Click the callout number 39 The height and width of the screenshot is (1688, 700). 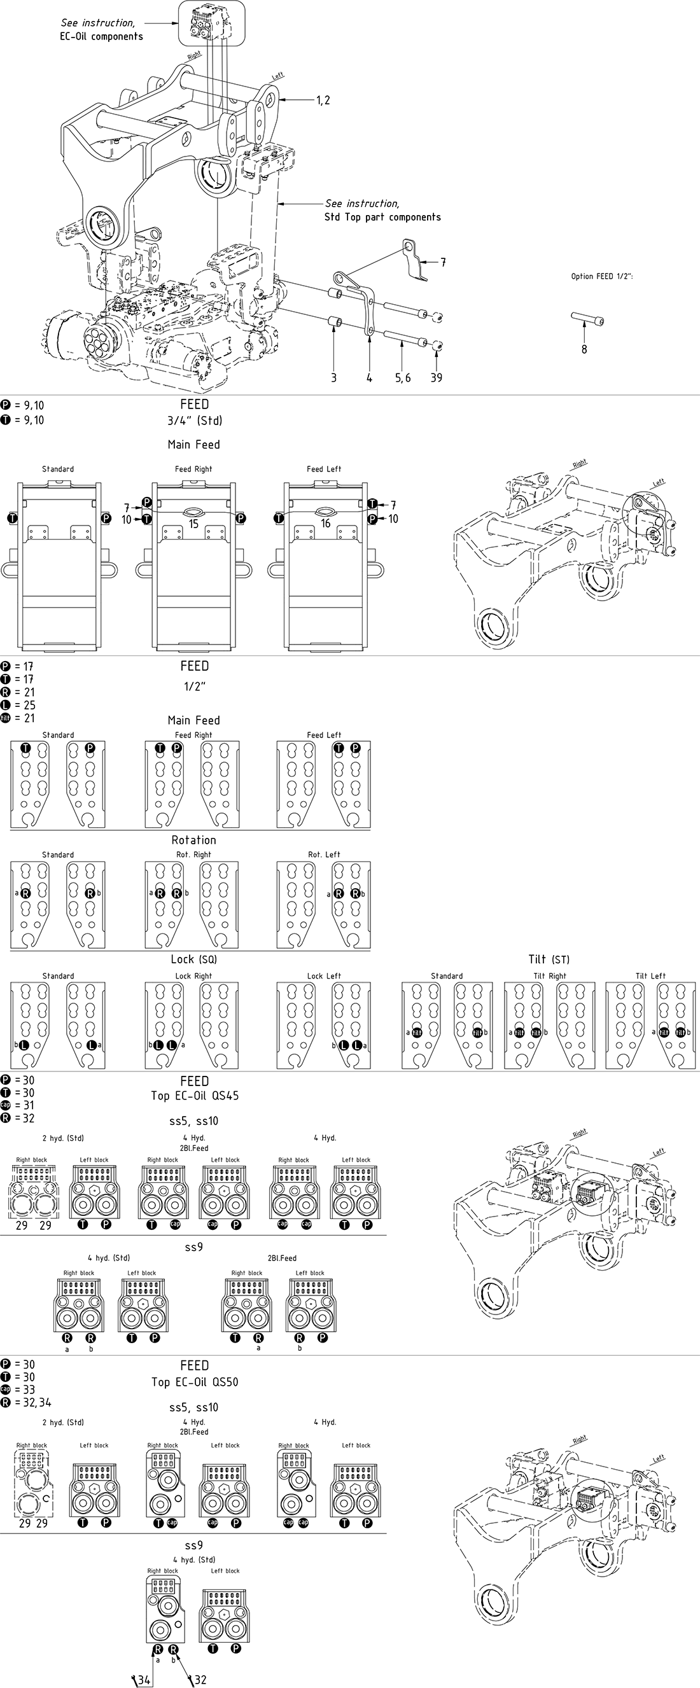click(436, 377)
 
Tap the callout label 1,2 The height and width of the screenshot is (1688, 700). click(323, 101)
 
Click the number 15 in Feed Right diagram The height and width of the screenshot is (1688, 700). click(193, 524)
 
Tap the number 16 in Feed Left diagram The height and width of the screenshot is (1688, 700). click(325, 524)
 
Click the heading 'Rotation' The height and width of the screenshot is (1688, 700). click(193, 840)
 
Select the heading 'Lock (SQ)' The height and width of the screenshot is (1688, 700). click(193, 959)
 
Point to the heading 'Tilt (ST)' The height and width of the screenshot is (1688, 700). click(549, 959)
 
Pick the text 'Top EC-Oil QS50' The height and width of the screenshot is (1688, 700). click(195, 1382)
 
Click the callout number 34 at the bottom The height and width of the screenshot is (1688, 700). click(144, 1680)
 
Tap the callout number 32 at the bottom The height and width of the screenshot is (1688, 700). click(200, 1680)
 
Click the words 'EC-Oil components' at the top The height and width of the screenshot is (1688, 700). click(101, 37)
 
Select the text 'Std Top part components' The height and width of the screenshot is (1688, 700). click(382, 217)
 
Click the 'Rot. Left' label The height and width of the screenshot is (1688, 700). click(324, 854)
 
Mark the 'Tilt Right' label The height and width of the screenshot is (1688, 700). click(549, 976)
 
